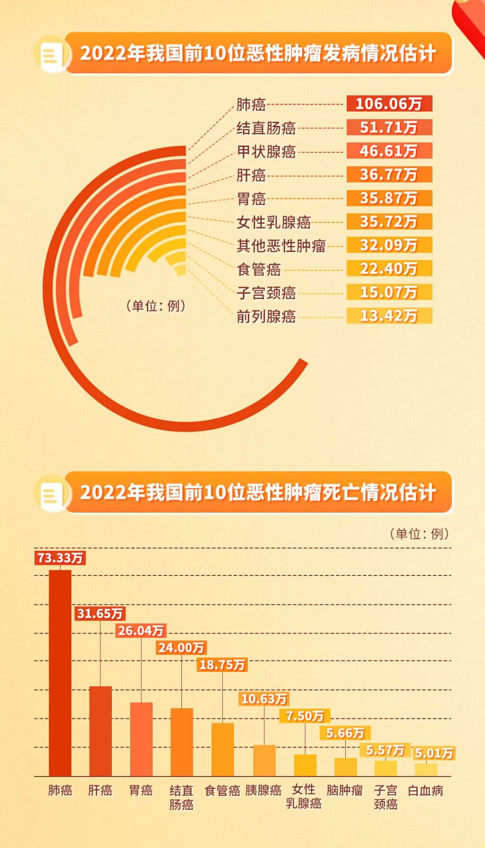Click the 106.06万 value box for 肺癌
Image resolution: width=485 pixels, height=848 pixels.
coord(389,104)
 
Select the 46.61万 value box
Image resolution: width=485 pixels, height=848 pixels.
coord(389,151)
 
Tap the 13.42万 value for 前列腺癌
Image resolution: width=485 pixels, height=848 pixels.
coord(389,316)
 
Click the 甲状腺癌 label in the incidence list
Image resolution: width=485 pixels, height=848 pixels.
coord(266,151)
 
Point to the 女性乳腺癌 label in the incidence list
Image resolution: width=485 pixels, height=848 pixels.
coord(274,222)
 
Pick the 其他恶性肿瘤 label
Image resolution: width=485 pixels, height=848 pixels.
coord(281,246)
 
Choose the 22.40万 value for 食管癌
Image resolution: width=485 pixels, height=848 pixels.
coord(389,269)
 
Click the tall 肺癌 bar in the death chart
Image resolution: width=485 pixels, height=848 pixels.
coord(60,672)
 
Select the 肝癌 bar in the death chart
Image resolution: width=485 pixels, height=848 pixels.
coord(100,731)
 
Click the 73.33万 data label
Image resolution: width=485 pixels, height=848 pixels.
coord(60,558)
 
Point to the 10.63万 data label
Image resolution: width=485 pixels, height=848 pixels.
coord(264,699)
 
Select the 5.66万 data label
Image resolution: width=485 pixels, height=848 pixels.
coord(345,733)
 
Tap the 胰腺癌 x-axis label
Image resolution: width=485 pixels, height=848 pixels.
coord(263,790)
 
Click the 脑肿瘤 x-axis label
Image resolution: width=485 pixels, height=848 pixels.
coord(345,790)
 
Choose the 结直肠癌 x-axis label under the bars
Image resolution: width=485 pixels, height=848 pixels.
coord(181,797)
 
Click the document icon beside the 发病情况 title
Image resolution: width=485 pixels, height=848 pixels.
coord(51,55)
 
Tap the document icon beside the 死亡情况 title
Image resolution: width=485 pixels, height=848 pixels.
coord(51,494)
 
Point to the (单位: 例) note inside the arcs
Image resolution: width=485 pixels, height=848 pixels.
coord(156,306)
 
